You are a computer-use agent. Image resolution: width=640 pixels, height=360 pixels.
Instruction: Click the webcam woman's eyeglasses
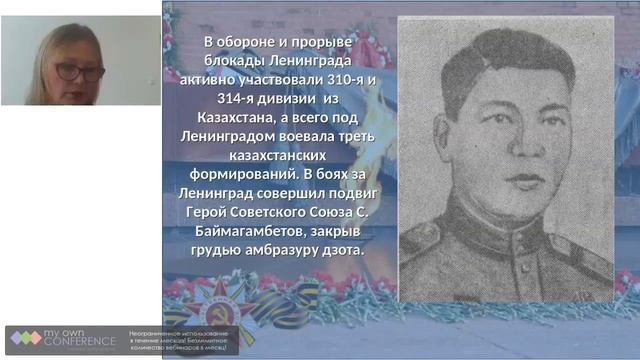(x=79, y=73)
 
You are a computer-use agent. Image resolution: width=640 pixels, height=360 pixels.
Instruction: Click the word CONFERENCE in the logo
(x=80, y=342)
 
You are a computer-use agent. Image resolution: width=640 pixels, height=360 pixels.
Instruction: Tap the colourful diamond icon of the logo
(x=26, y=338)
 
